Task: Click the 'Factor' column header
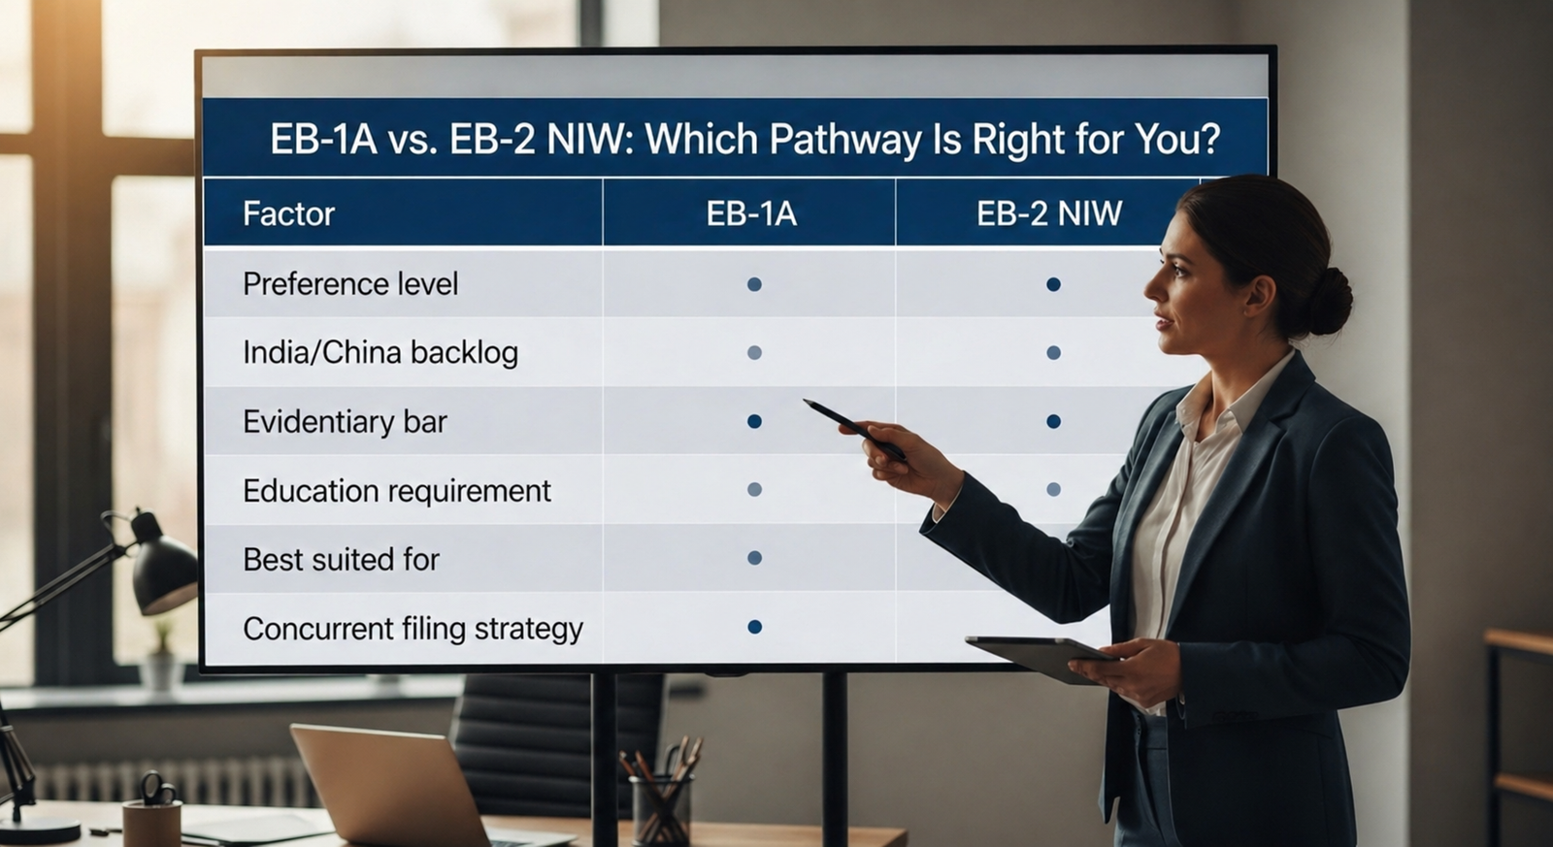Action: coord(288,213)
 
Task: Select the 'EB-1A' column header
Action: coord(751,213)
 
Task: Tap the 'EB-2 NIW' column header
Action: coord(1048,213)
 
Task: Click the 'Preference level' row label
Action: coord(350,284)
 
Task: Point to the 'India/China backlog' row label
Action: coord(380,352)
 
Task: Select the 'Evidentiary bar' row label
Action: coord(345,422)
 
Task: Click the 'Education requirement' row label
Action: coord(397,491)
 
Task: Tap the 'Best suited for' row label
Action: coord(341,560)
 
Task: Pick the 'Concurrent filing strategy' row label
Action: coord(413,629)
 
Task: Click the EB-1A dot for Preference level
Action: coord(754,284)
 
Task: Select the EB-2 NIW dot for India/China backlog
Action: coord(1053,353)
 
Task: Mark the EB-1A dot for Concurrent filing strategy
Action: coord(754,627)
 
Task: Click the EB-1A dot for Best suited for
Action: coord(754,558)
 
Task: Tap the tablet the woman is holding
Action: coord(1039,657)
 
